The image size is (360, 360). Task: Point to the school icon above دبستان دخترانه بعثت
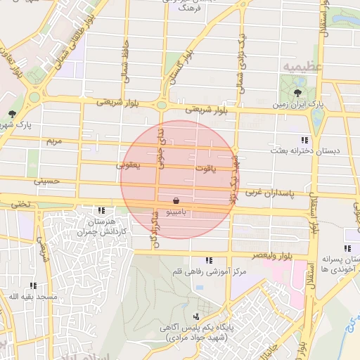pyautogui.click(x=304, y=140)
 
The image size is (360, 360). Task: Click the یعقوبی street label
pyautogui.click(x=128, y=165)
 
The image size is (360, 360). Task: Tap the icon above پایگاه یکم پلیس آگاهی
pyautogui.click(x=195, y=316)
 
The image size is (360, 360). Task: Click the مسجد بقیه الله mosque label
pyautogui.click(x=33, y=297)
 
